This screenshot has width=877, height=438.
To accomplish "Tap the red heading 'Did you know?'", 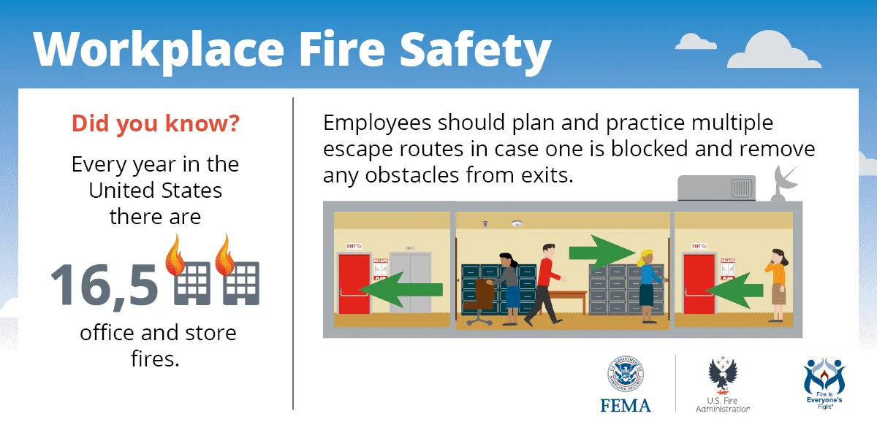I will [x=155, y=123].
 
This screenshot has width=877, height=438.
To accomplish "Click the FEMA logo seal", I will [x=626, y=375].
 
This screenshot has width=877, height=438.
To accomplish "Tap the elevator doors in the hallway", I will [x=411, y=283].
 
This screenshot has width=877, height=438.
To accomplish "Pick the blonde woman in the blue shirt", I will [x=647, y=285].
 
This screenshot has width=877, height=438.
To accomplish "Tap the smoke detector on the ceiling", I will [x=517, y=223].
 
